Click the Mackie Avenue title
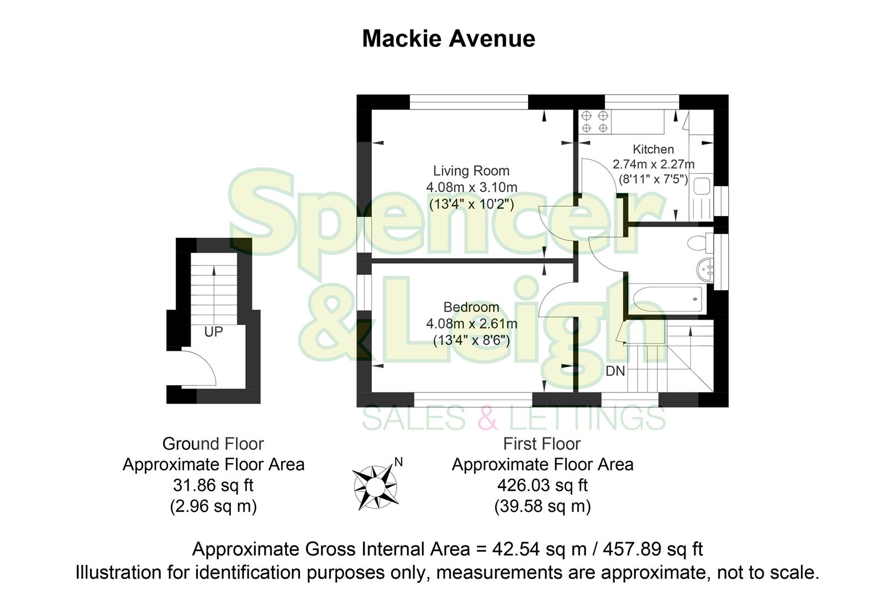pyautogui.click(x=448, y=39)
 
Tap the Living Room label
pyautogui.click(x=471, y=171)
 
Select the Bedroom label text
pyautogui.click(x=471, y=307)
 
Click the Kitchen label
pyautogui.click(x=653, y=149)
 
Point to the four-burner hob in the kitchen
pyautogui.click(x=594, y=122)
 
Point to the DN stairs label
pyautogui.click(x=615, y=371)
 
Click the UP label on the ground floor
pyautogui.click(x=213, y=332)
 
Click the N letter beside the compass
pyautogui.click(x=398, y=462)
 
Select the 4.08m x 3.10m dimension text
pyautogui.click(x=471, y=187)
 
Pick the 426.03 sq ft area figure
pyautogui.click(x=542, y=485)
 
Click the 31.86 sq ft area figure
pyautogui.click(x=213, y=485)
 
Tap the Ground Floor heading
pyautogui.click(x=213, y=444)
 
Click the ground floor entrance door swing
pyautogui.click(x=199, y=368)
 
